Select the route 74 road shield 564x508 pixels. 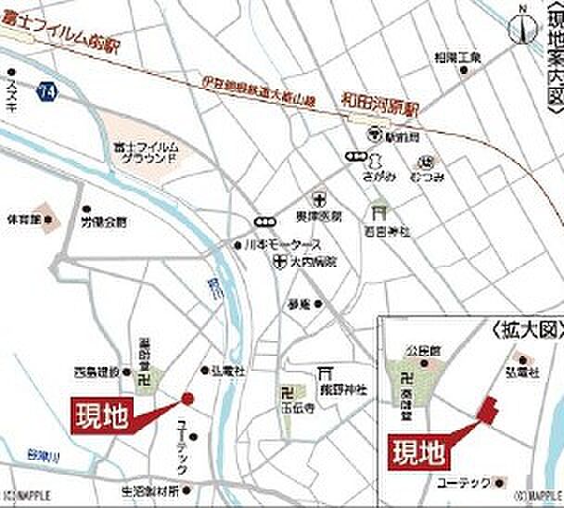48,91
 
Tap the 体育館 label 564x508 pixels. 24,221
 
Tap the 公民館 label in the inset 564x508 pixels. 419,351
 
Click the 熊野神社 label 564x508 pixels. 343,390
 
